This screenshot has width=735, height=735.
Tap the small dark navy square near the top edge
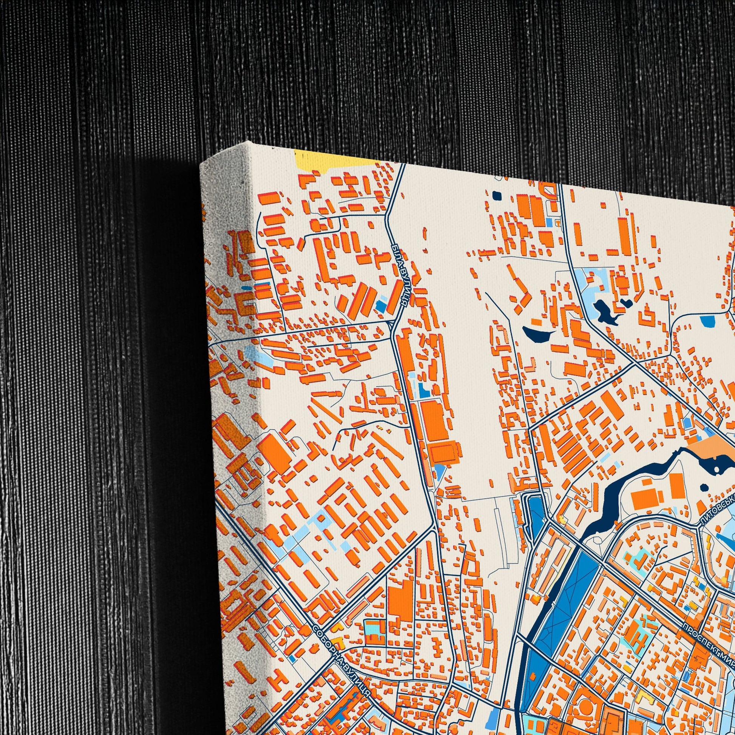coord(497,195)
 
